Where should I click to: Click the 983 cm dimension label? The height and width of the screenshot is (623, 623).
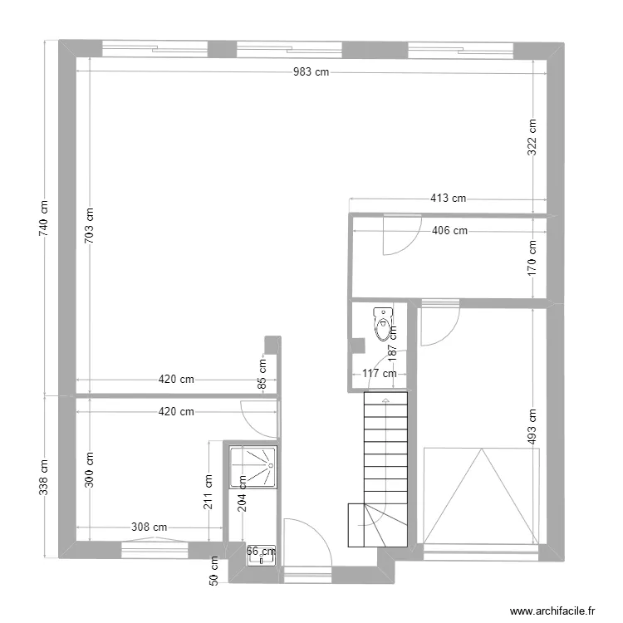[x=311, y=72]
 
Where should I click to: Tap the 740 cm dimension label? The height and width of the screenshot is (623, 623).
[x=44, y=217]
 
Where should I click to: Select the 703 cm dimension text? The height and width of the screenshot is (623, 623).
[x=89, y=223]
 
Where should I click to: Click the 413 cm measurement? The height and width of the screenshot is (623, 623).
[x=448, y=199]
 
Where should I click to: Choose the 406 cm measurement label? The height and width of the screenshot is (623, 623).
[x=449, y=231]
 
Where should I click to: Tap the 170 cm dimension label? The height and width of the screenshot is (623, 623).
[x=532, y=257]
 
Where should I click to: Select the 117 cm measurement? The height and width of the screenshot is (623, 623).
[x=380, y=374]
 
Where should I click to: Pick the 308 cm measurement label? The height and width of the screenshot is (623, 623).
[x=150, y=527]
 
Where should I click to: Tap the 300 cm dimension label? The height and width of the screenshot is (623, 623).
[x=89, y=469]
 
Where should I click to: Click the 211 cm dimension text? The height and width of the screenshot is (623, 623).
[x=208, y=491]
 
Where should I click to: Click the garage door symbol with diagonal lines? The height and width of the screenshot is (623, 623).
[x=480, y=495]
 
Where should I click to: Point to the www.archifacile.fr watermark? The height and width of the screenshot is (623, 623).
[x=553, y=611]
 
